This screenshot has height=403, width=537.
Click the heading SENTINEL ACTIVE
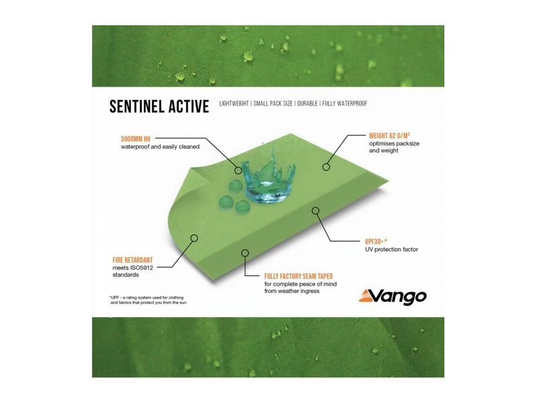click(x=159, y=105)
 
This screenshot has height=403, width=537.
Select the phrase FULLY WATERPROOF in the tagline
click(x=344, y=104)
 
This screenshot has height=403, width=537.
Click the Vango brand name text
click(x=400, y=293)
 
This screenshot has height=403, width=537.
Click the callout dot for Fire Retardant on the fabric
click(x=195, y=237)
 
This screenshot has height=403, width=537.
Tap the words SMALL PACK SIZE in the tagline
click(x=279, y=104)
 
